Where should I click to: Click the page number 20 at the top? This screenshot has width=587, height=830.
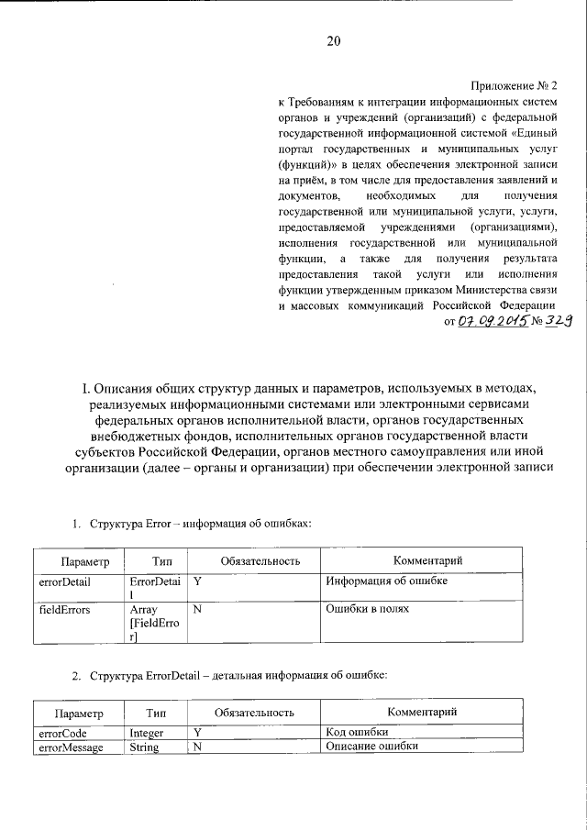coord(332,41)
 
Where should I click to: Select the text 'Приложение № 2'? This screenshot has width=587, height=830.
coord(515,84)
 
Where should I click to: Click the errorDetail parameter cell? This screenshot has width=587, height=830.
coord(63,581)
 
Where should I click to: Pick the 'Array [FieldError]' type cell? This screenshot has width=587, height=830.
coord(155,623)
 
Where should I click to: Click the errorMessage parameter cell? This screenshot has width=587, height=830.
coord(70,747)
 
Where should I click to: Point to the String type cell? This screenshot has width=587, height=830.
coord(144,747)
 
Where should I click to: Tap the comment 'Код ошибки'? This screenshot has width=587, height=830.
coord(357,733)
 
